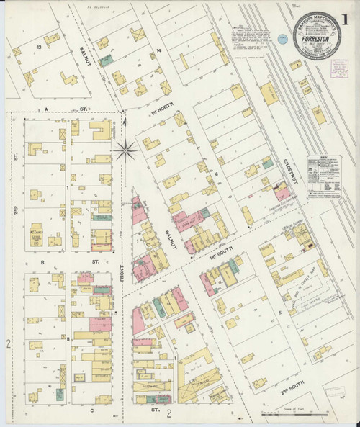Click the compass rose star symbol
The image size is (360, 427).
pos(125,150)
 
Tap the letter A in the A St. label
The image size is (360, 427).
pos(45,109)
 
